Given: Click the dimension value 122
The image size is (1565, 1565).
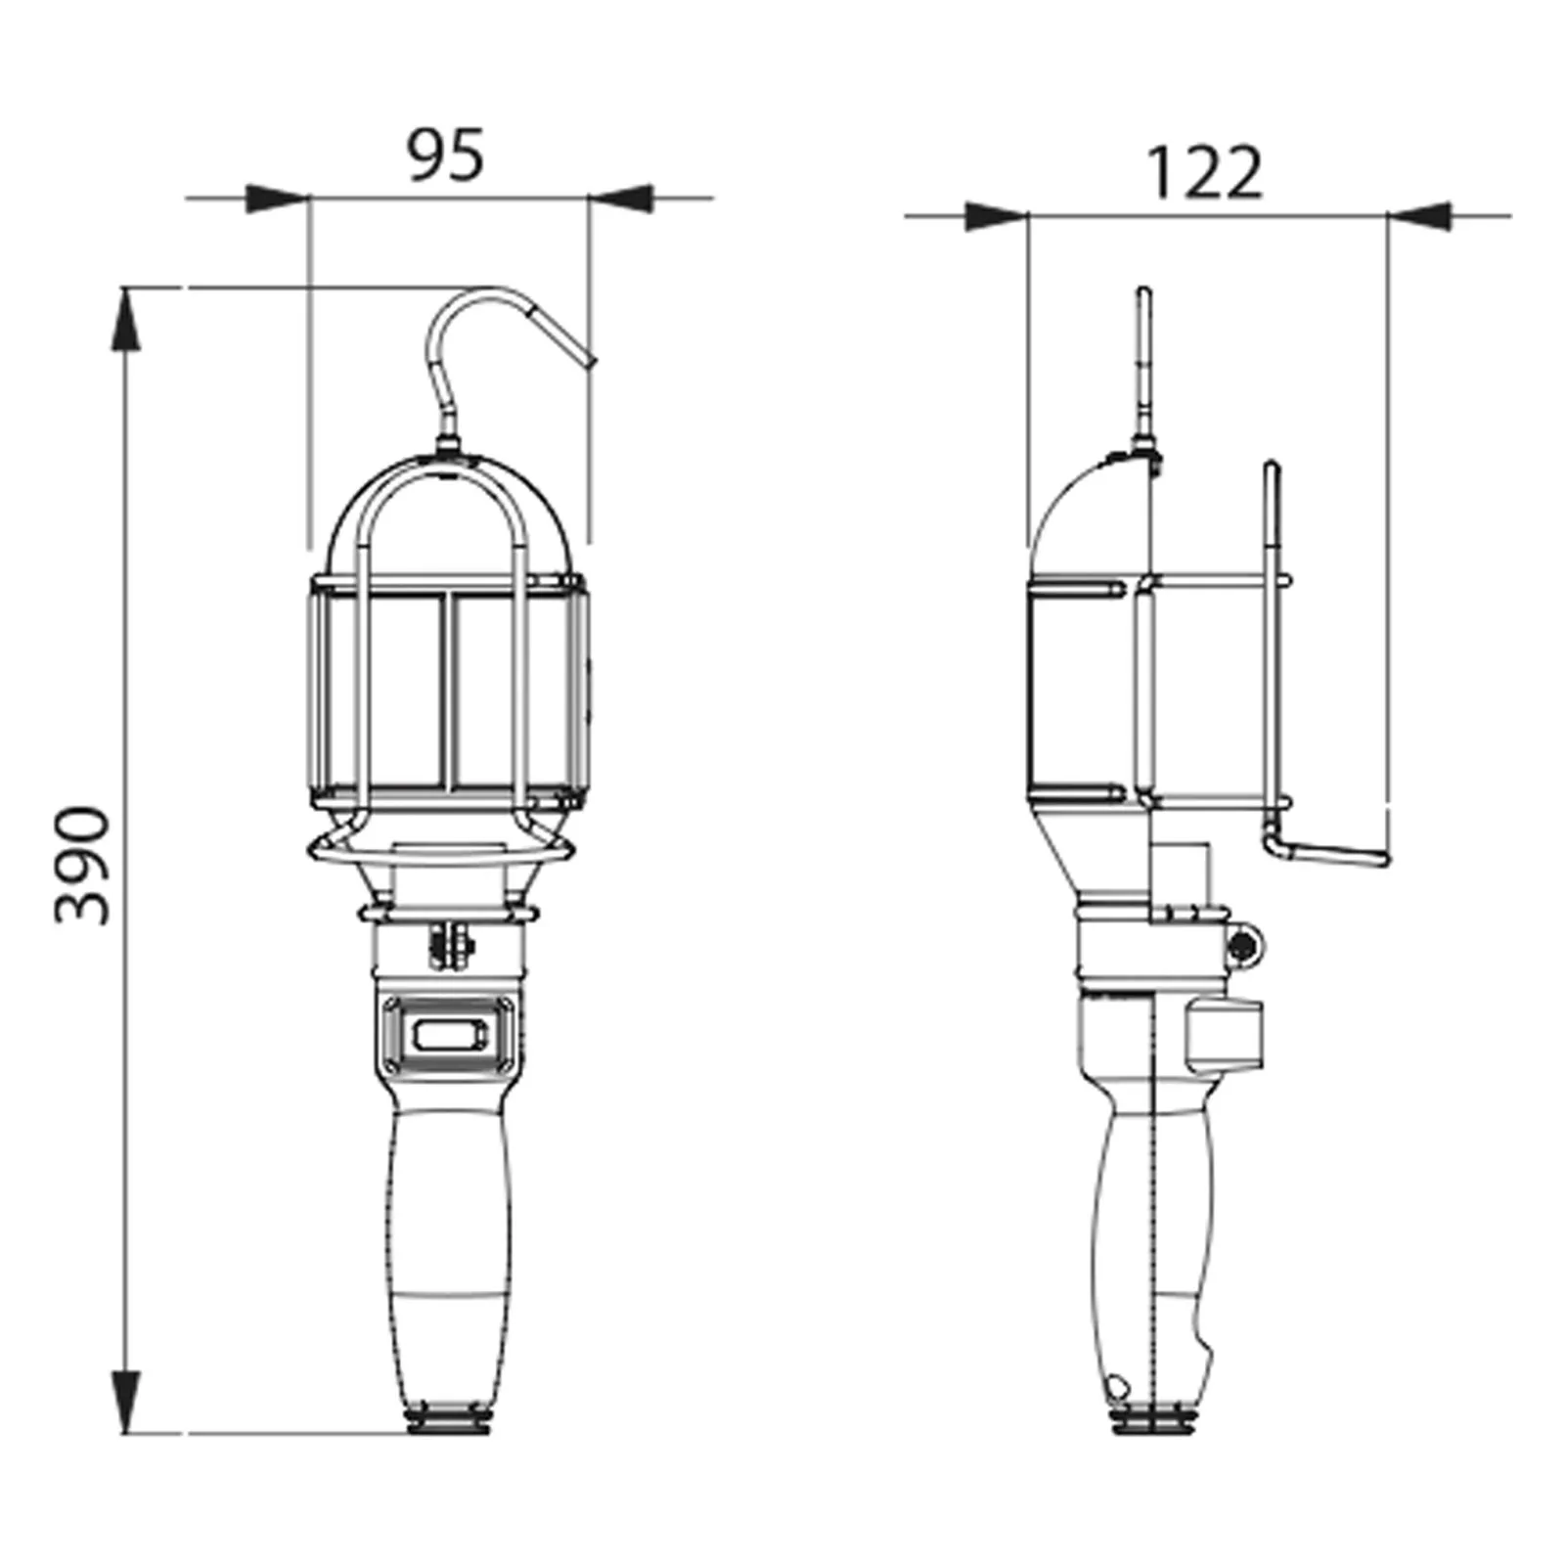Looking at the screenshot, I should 1203,174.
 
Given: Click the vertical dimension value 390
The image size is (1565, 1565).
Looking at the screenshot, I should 82,865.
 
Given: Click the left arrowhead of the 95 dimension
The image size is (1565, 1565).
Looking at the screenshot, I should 277,199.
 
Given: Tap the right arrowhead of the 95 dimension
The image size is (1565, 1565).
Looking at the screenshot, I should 622,199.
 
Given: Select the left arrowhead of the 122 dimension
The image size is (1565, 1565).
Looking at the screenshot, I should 996,216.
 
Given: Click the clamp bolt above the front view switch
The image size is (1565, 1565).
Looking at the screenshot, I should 449,947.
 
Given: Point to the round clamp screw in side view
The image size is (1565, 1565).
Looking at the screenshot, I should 1243,946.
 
